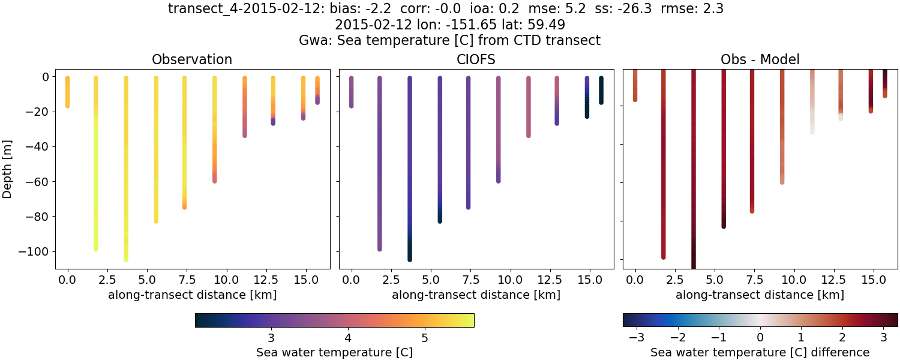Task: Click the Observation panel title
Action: click(192, 59)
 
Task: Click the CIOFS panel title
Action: click(476, 59)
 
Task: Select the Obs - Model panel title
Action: click(760, 59)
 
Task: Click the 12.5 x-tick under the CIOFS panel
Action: click(557, 280)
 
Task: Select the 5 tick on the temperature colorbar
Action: click(424, 334)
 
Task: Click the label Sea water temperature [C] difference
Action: click(760, 352)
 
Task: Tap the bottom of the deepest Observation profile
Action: click(126, 259)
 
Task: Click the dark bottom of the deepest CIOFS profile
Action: click(410, 258)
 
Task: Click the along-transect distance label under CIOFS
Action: click(476, 295)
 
